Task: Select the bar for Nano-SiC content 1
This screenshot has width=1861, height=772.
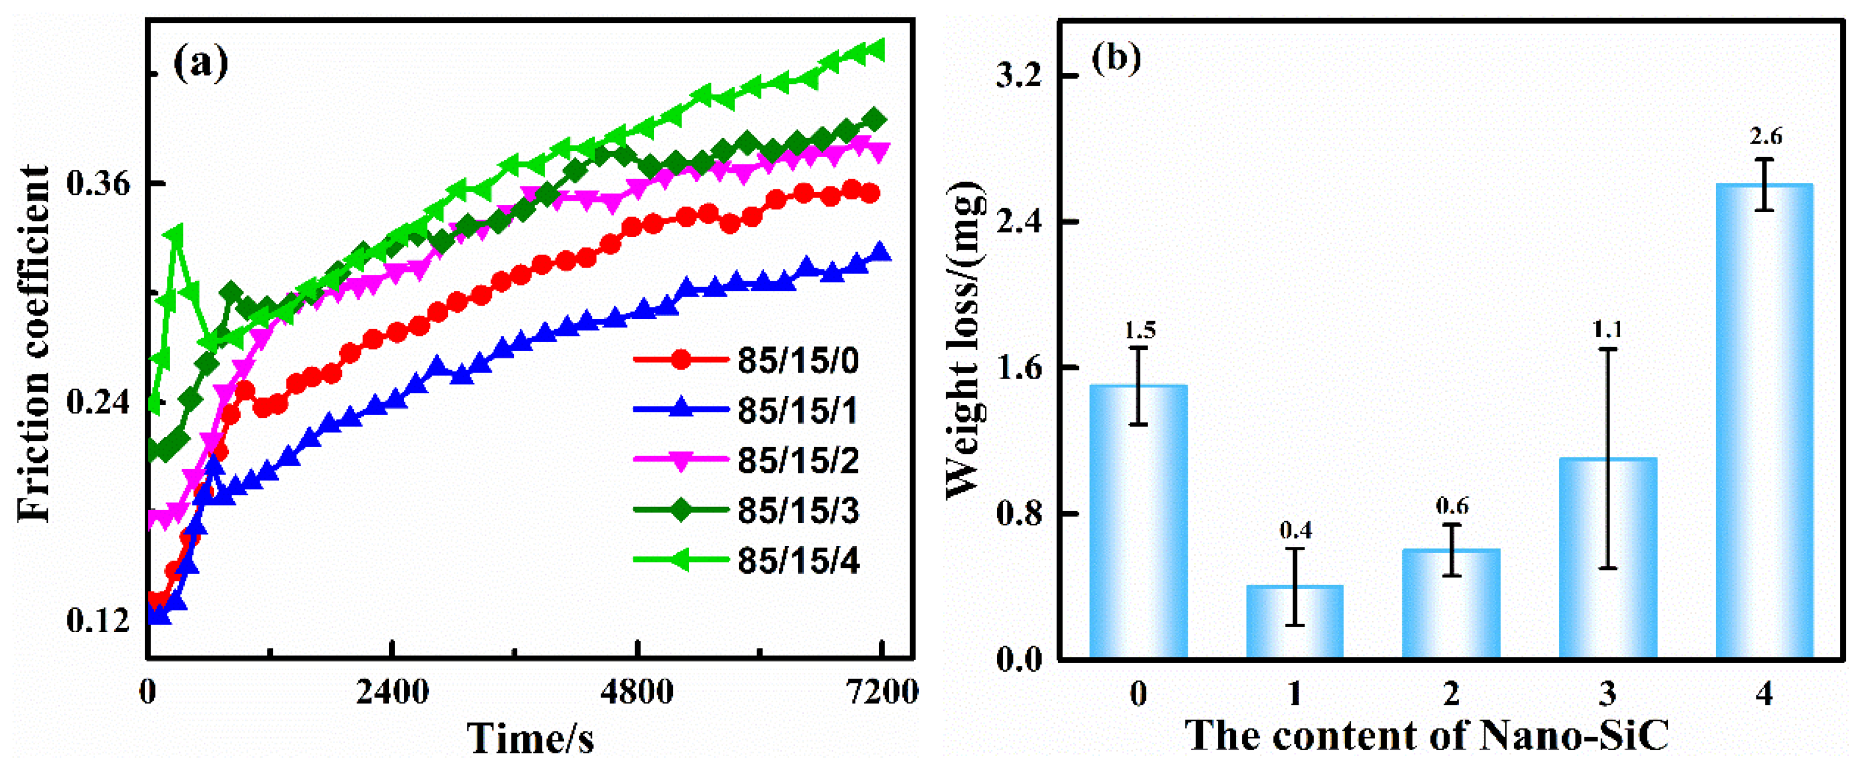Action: click(1295, 622)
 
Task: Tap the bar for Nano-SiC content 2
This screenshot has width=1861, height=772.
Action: click(1451, 603)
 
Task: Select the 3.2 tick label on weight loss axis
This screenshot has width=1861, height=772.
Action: click(1020, 77)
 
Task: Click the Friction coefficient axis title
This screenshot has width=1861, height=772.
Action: click(34, 343)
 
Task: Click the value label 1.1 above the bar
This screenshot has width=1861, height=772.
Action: click(1607, 330)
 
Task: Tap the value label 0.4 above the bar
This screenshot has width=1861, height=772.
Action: click(1295, 530)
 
